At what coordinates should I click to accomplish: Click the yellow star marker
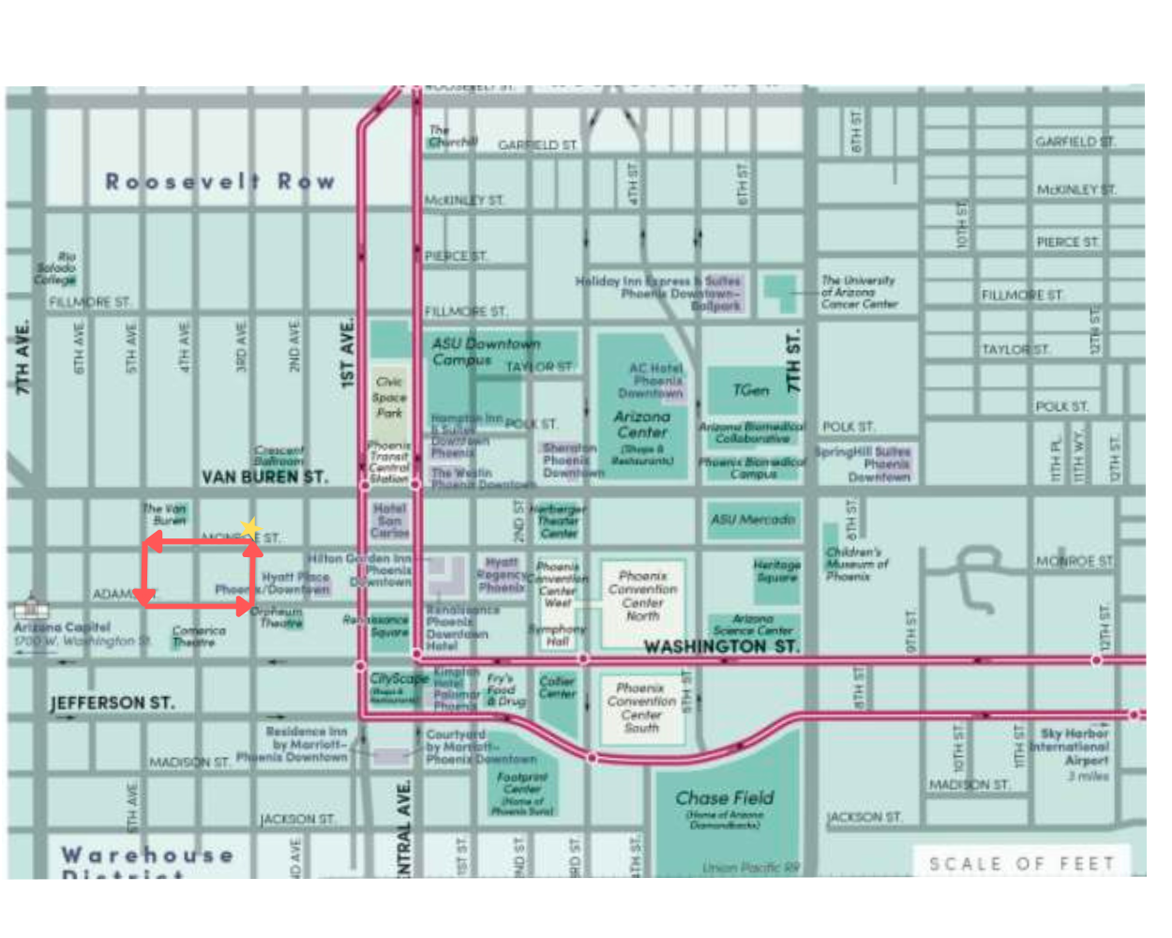[x=249, y=529]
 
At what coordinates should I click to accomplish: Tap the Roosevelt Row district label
[x=219, y=181]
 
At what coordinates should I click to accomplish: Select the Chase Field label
[x=725, y=798]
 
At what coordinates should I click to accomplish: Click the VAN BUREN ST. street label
[x=265, y=477]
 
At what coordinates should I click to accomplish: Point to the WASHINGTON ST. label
[x=721, y=646]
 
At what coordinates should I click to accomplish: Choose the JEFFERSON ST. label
[x=113, y=703]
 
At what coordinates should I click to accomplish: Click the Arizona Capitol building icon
[x=31, y=605]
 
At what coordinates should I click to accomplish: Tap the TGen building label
[x=750, y=390]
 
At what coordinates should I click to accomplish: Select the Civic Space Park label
[x=389, y=397]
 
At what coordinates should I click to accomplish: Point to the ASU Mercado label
[x=753, y=519]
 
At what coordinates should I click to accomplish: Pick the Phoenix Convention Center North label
[x=642, y=596]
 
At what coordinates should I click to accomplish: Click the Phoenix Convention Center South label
[x=641, y=707]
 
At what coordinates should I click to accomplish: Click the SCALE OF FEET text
[x=1021, y=863]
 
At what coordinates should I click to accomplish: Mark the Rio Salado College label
[x=56, y=267]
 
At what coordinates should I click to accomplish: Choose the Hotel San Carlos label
[x=389, y=521]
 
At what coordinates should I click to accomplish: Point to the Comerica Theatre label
[x=198, y=636]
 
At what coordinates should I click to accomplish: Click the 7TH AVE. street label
[x=22, y=356]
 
